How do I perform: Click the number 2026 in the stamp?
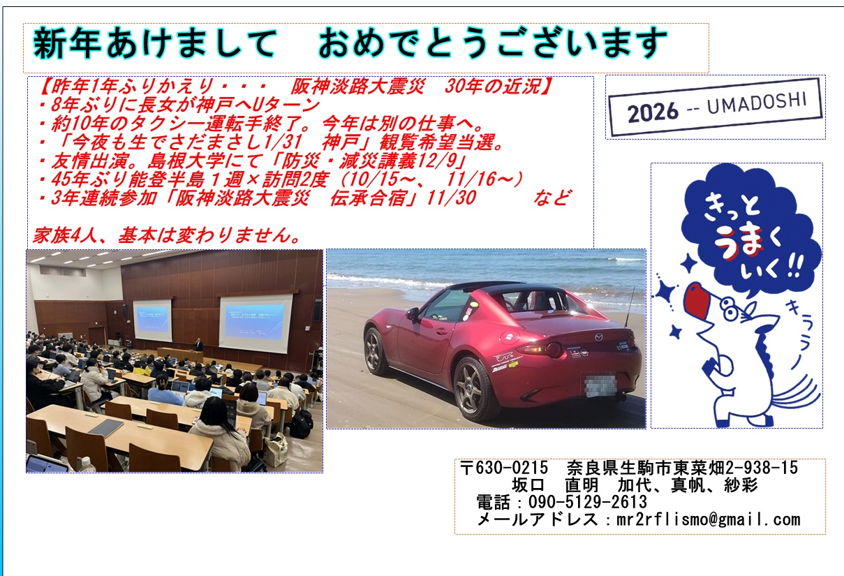click(653, 112)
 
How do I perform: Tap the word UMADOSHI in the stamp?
click(757, 103)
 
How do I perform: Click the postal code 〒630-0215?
click(504, 468)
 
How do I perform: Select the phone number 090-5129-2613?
click(588, 502)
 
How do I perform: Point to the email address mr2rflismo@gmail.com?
click(709, 520)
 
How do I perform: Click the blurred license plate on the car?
click(600, 384)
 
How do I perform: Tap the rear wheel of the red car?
click(473, 388)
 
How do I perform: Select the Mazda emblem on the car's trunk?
click(599, 337)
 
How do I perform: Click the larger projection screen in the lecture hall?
click(256, 324)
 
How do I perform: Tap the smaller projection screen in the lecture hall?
click(153, 320)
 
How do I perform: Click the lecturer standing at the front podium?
click(198, 345)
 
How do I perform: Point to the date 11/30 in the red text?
click(452, 198)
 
